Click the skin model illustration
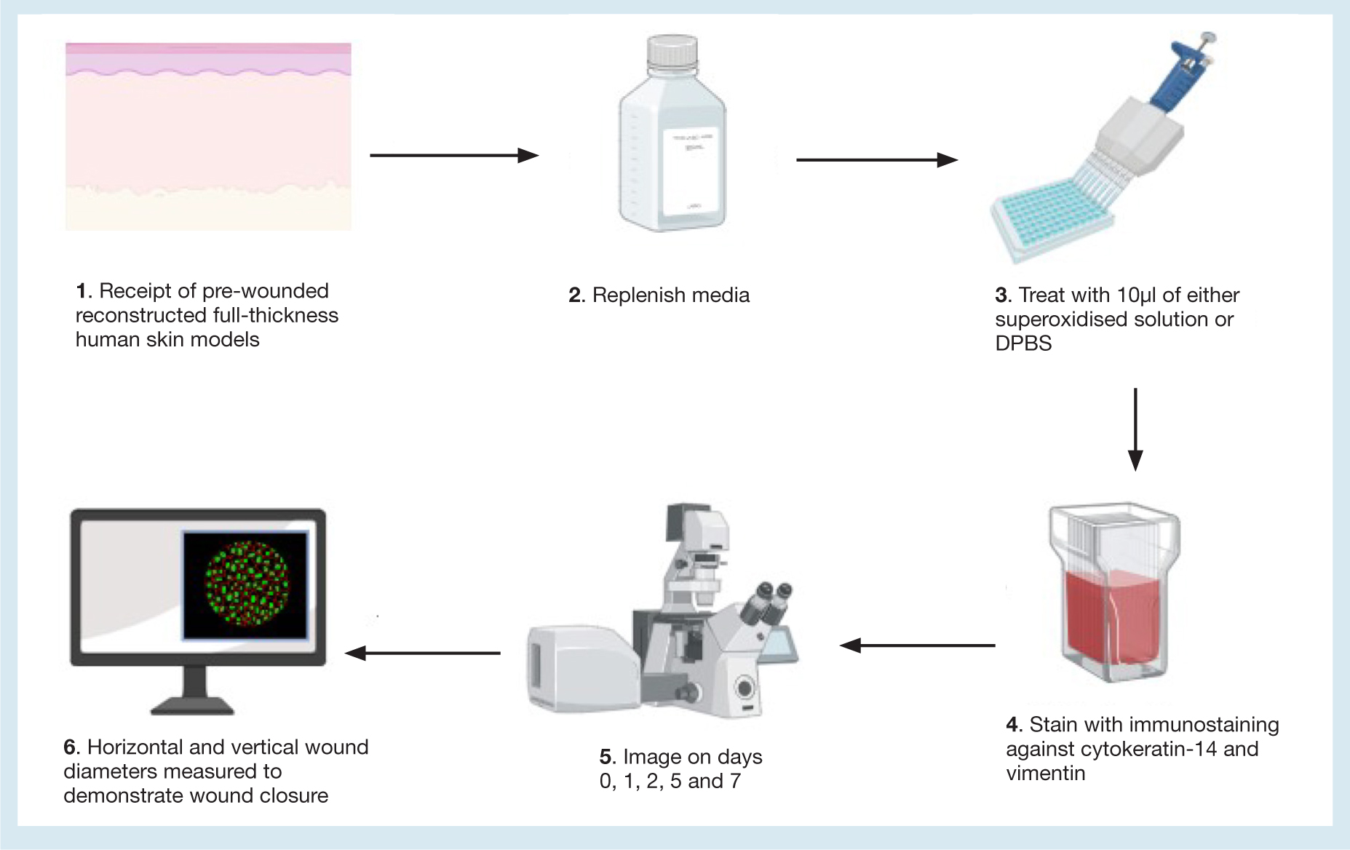(208, 137)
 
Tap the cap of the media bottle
(672, 52)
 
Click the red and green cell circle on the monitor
(247, 584)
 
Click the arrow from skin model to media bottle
(454, 155)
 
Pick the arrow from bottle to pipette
(877, 159)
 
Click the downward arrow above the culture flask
(1135, 429)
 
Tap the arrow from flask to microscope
(917, 645)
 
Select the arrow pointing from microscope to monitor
(422, 653)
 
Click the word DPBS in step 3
(1023, 343)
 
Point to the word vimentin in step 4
(1046, 773)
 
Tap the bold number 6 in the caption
(69, 747)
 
